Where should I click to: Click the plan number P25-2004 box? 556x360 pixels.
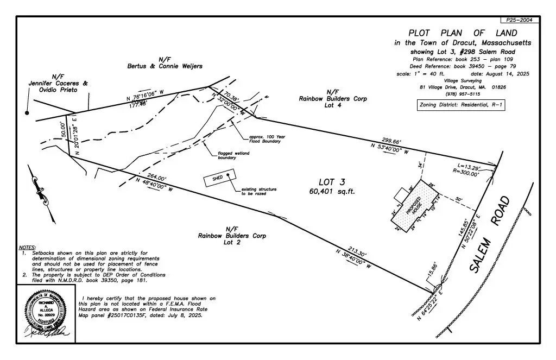tap(520, 20)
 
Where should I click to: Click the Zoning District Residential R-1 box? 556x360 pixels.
tap(460, 105)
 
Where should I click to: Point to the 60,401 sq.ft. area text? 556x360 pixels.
tap(332, 191)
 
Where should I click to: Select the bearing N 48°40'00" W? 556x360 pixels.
tap(154, 185)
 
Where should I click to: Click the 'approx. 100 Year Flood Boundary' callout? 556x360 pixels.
tap(265, 139)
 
